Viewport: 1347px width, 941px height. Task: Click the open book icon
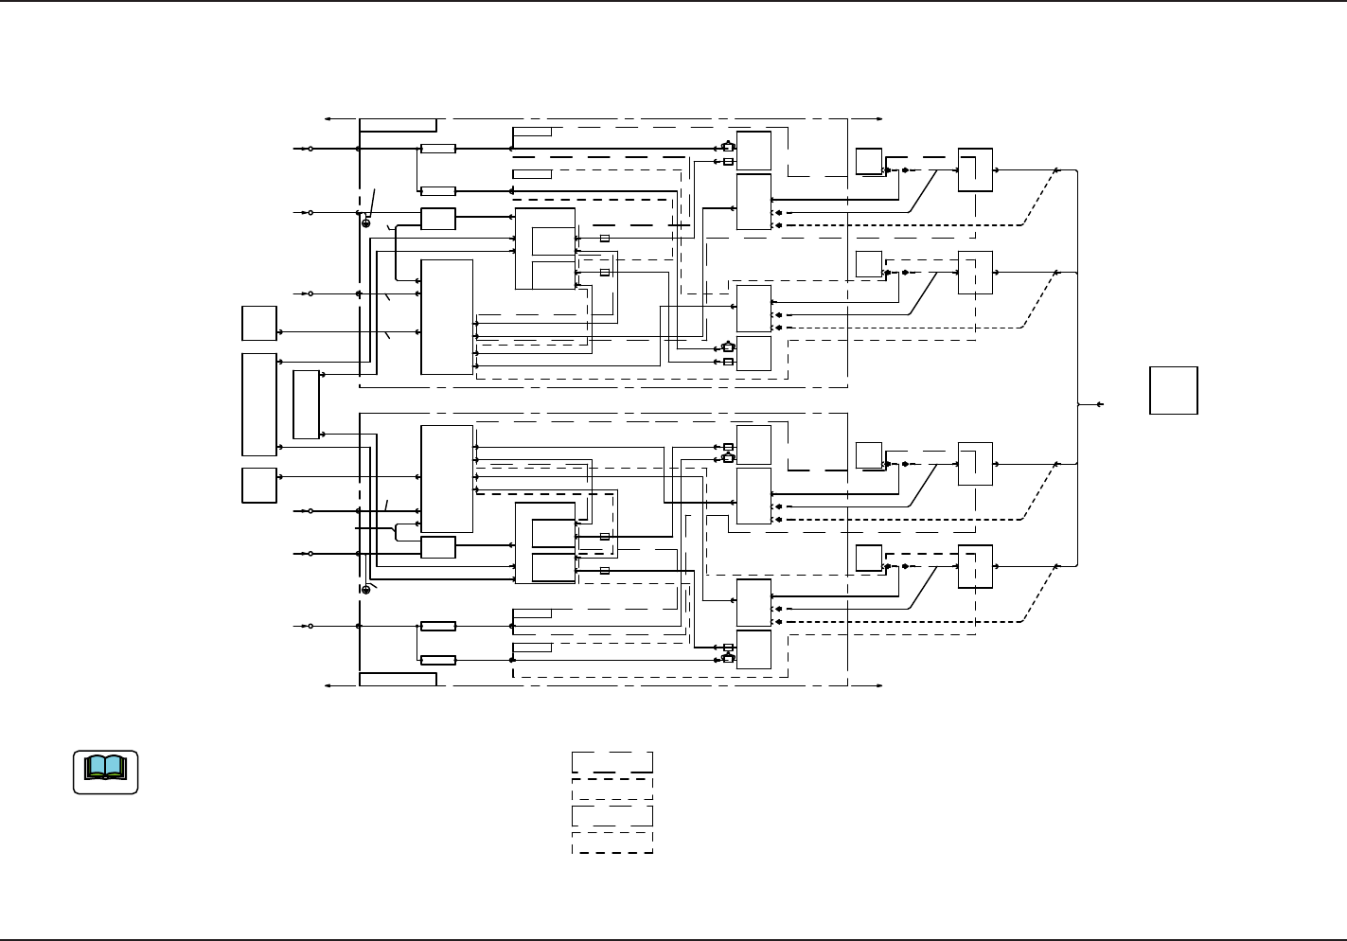coord(105,772)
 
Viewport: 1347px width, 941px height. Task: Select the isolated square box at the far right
coord(1174,390)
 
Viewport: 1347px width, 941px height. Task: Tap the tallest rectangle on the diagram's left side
coord(259,404)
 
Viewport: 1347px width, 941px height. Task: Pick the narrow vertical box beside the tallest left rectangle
coord(306,405)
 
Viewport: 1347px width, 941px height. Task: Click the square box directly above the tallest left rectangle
coord(259,323)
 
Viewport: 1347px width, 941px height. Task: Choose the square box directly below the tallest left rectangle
coord(259,486)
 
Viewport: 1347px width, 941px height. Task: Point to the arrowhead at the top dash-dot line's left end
coord(327,119)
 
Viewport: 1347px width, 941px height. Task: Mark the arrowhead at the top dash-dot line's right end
coord(880,119)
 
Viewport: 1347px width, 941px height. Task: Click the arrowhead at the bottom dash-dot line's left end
coord(327,685)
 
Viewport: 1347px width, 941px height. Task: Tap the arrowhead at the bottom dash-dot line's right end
coord(880,685)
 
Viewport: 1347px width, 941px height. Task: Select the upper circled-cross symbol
coord(365,223)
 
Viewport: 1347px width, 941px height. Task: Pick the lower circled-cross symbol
coord(365,589)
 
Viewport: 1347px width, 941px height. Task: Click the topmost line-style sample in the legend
coord(611,762)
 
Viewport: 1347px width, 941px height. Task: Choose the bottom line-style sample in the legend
coord(611,843)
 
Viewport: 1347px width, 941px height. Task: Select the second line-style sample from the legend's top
coord(611,789)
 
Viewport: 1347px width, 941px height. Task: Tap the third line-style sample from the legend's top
coord(611,815)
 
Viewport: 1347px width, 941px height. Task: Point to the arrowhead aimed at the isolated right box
coord(1099,404)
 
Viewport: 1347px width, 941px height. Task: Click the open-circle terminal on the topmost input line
coord(310,149)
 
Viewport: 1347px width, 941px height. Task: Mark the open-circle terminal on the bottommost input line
coord(310,626)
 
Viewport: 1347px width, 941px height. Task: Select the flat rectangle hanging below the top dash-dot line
coord(398,125)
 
